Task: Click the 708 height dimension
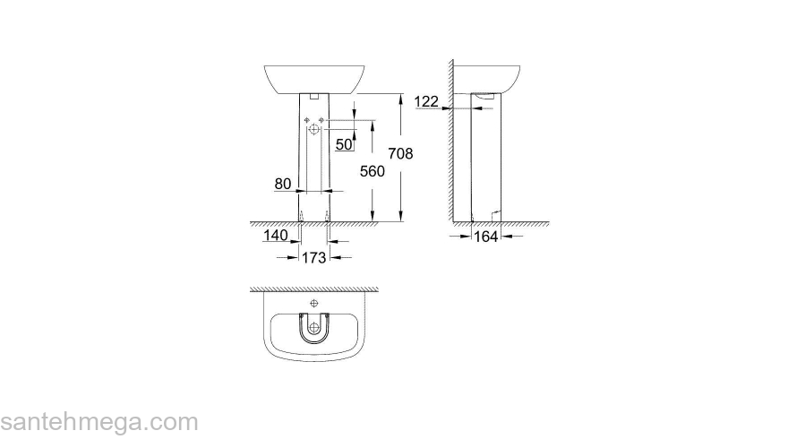[400, 155]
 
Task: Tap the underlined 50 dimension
[344, 143]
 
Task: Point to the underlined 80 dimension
[283, 184]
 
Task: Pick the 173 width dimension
[313, 258]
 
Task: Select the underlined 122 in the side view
[428, 102]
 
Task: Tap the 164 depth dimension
[486, 237]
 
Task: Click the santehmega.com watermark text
[98, 422]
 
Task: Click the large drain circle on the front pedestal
[313, 131]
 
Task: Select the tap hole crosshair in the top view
[313, 305]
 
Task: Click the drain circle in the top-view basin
[313, 328]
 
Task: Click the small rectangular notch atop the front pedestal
[313, 94]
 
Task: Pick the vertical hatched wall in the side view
[452, 143]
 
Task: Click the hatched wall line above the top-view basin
[313, 289]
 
